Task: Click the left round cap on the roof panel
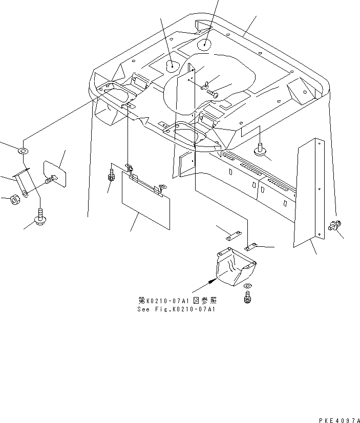pos(173,66)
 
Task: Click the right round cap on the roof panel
pos(204,44)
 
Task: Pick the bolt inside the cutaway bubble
pos(211,93)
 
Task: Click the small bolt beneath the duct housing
pos(248,297)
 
